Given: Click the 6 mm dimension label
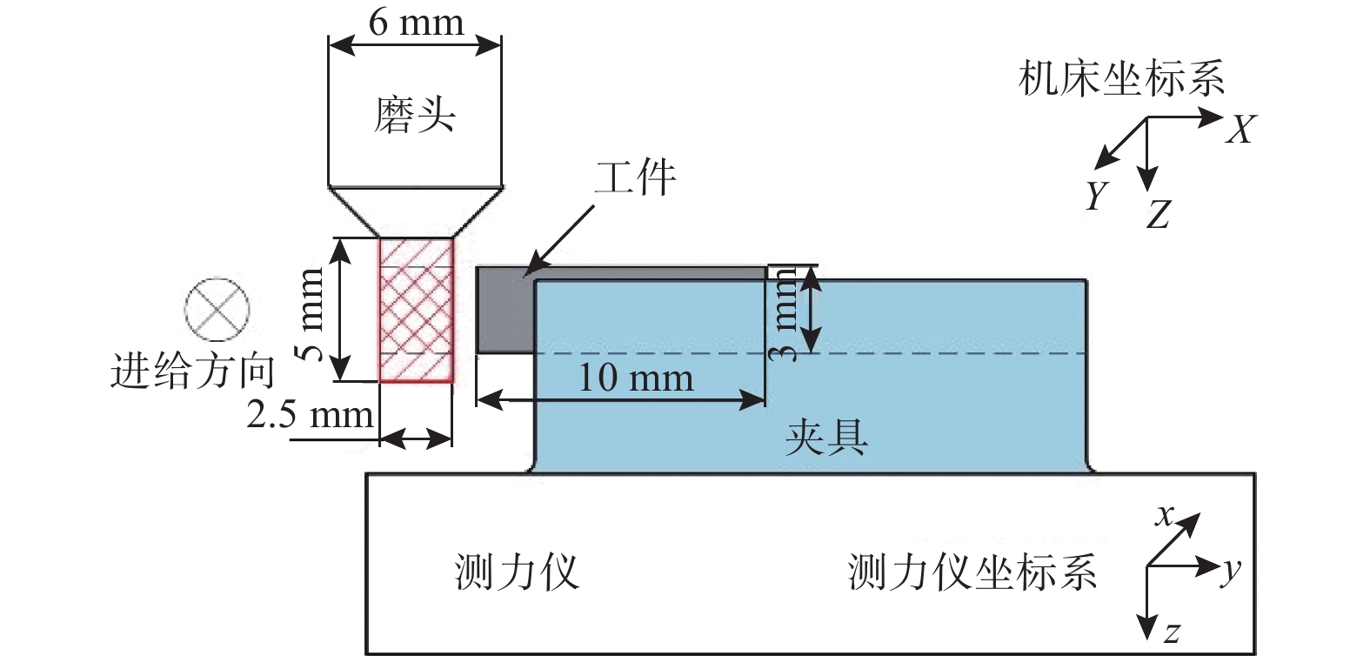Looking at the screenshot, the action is point(416,23).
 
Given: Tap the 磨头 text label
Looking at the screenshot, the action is point(415,115).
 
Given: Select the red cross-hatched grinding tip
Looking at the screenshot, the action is point(416,310).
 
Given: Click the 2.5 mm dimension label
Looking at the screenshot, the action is point(310,414).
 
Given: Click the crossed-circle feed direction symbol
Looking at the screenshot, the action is point(217,309).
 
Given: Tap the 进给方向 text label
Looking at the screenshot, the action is point(192,371).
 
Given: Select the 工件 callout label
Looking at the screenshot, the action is point(636,177).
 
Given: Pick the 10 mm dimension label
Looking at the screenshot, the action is point(636,377).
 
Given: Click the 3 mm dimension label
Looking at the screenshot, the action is point(784,314).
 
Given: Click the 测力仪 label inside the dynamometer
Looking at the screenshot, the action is point(517,572).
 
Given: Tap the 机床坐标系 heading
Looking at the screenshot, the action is point(1122,77).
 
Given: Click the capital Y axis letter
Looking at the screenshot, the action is point(1097,195).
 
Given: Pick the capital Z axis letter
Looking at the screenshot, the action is point(1158,214).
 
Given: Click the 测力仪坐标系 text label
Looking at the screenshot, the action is point(972,572).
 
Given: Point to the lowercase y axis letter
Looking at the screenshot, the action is point(1232,571).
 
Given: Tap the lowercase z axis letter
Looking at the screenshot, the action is point(1171,633).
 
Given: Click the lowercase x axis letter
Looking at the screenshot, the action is point(1165,516).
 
